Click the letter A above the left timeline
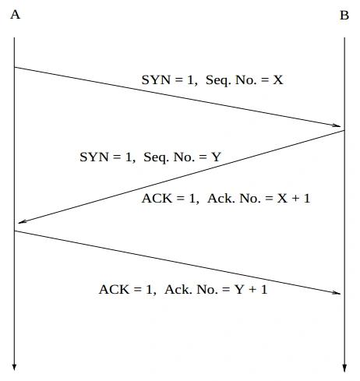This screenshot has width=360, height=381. [15, 15]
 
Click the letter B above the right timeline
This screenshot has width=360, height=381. [344, 16]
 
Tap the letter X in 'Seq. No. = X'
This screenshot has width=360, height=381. [277, 79]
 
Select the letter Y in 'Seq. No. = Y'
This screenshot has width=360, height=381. [216, 157]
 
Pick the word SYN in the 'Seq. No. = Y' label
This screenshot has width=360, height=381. [94, 157]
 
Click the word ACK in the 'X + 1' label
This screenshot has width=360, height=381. [157, 199]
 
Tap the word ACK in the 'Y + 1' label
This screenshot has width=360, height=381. [114, 289]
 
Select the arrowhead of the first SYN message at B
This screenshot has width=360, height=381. [337, 125]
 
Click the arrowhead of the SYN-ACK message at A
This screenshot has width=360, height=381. [22, 221]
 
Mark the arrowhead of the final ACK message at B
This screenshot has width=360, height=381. [337, 293]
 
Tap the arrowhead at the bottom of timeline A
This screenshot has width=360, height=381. [14, 367]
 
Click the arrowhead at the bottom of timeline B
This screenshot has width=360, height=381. [344, 368]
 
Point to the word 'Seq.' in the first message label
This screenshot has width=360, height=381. [218, 80]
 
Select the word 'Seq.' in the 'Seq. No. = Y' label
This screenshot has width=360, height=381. [156, 157]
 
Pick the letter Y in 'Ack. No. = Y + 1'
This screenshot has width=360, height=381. [239, 289]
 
